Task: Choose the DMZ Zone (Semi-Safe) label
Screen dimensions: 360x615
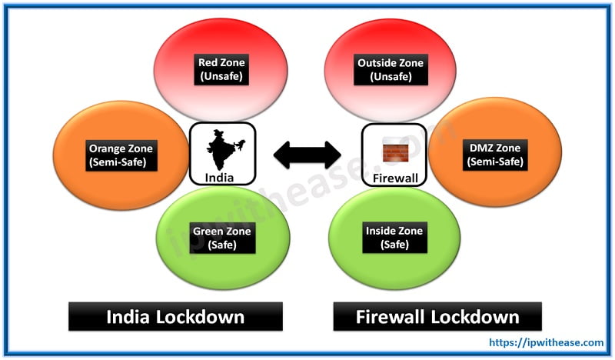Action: click(x=495, y=155)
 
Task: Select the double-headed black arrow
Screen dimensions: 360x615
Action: click(x=307, y=155)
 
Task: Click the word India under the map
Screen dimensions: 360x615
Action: click(x=222, y=177)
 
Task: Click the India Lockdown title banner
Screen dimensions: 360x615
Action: click(x=175, y=316)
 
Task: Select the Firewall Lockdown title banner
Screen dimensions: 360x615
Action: click(x=437, y=316)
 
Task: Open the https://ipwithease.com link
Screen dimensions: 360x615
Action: click(x=548, y=344)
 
